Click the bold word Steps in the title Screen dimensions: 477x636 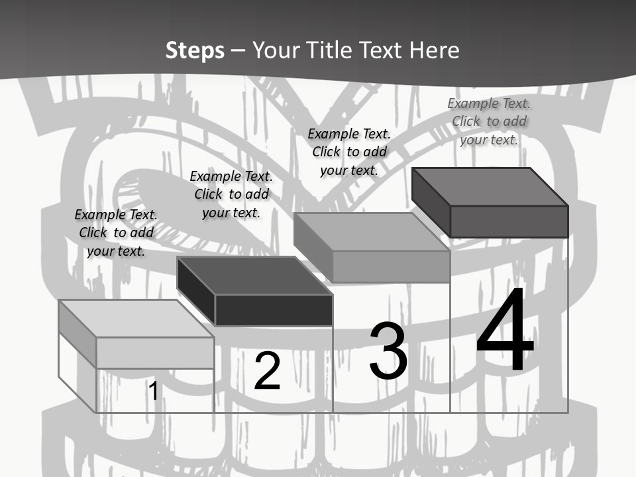coord(195,50)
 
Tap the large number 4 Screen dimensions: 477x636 coord(505,331)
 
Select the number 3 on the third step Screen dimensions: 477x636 coord(388,351)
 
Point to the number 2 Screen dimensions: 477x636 coord(267,371)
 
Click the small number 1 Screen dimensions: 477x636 coord(153,391)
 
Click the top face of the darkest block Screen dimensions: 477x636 coord(254,276)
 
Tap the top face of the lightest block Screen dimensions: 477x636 coord(136,319)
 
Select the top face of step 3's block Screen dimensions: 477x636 coord(372,232)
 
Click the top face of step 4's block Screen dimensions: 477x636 coord(490,187)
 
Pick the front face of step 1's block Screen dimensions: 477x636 coord(155,352)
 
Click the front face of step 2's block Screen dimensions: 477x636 coord(274,310)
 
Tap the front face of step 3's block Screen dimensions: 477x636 coord(391,266)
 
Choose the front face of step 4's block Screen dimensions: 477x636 coord(509,221)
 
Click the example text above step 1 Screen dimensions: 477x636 coord(116,233)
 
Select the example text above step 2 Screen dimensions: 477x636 coord(231,194)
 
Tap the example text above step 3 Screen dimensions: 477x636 coord(349,152)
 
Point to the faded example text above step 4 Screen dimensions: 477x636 coord(489,121)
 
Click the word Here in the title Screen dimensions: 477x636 coord(435,50)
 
